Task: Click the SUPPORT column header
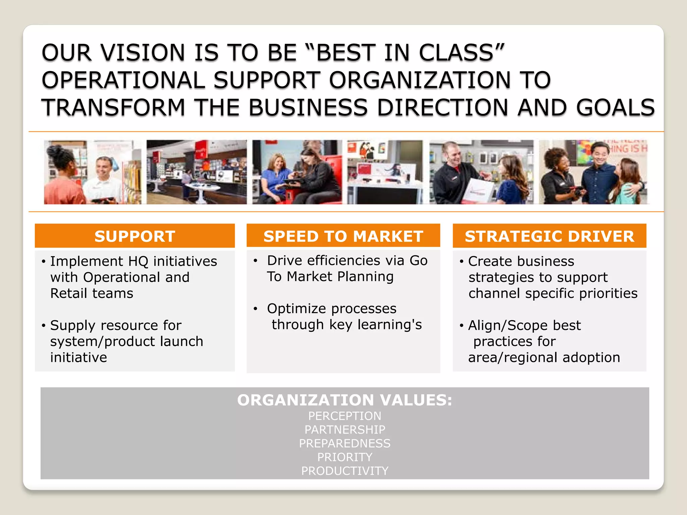coord(135,236)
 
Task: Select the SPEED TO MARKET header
coord(343,236)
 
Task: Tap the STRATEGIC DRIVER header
coord(549,236)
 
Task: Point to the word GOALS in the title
coord(615,108)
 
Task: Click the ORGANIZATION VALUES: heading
coord(345,400)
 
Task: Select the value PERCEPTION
coord(345,416)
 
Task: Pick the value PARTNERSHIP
coord(345,430)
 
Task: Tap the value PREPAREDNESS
coord(345,444)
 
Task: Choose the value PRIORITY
coord(345,457)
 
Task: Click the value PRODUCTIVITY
coord(345,471)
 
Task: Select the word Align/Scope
coord(508,326)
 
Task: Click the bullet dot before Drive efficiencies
coord(255,261)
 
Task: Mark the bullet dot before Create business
coord(462,261)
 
